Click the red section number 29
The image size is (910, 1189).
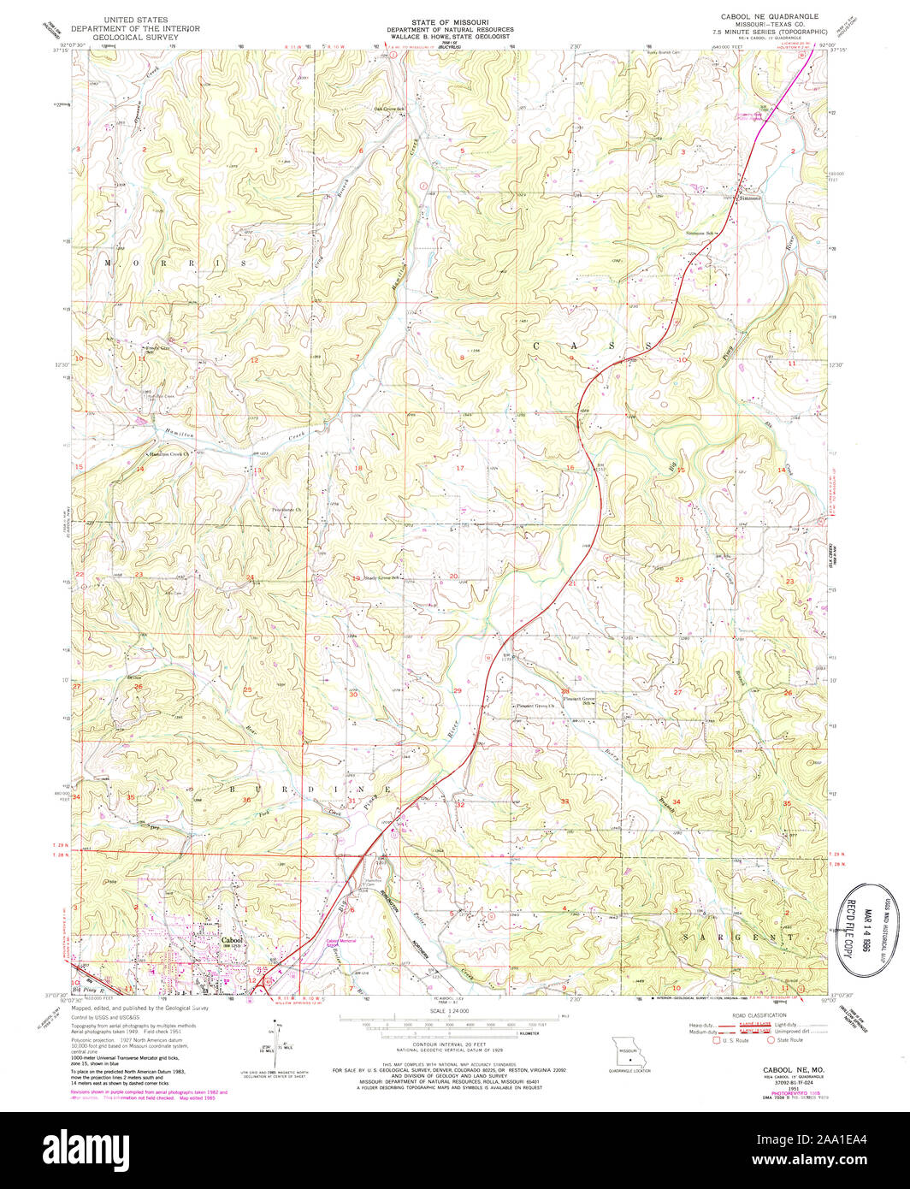(x=457, y=690)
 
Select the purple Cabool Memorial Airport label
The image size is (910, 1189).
(x=340, y=942)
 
